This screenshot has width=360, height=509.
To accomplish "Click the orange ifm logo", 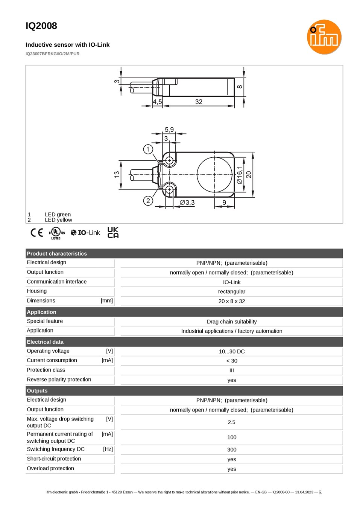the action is point(324,37).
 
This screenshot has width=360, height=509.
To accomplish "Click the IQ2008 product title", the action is point(41,26).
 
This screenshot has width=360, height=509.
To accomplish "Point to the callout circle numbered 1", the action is point(148,149).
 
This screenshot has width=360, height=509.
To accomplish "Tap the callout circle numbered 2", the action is point(148,201).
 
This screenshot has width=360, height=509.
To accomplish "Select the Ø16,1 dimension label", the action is point(239,175).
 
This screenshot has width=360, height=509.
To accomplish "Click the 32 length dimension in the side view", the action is point(199,102).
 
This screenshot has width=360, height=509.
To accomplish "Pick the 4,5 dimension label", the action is point(157,102).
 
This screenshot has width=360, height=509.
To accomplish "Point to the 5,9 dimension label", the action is point(169,130).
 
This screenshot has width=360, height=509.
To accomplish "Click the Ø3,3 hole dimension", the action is point(187,202).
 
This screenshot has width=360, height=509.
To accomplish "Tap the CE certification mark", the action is point(37,233).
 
